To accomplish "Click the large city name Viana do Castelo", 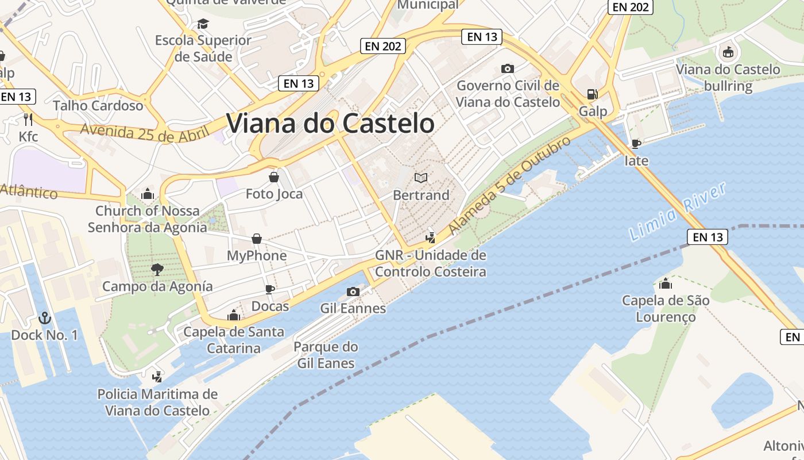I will pos(330,123).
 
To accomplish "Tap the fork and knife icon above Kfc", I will pos(28,119).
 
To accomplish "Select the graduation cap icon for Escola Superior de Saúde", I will pos(203,24).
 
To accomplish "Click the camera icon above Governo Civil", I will pos(507,68).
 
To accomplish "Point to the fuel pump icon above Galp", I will pos(592,94).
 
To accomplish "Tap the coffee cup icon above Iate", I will pos(636,143).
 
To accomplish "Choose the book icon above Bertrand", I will pos(421,178).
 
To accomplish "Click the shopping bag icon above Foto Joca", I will pos(274,177).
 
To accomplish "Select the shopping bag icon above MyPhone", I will pos(257,238).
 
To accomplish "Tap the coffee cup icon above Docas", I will pos(270,289).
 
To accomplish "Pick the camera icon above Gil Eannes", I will pos(353,292).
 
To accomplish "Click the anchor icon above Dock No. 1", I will pos(44,317).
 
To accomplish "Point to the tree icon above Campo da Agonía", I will pos(157,269).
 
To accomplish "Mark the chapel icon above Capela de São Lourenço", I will pos(666,283).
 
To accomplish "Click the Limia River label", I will pos(678,211).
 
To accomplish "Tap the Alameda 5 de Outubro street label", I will pos(509,185).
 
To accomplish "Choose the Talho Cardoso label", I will pos(98,106).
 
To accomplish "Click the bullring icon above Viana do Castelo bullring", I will pos(728,52).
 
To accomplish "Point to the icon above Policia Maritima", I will pos(157,377).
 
